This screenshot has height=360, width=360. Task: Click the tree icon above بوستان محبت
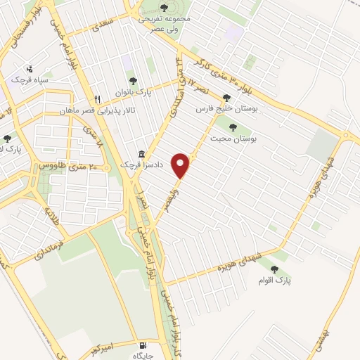[233, 127]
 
